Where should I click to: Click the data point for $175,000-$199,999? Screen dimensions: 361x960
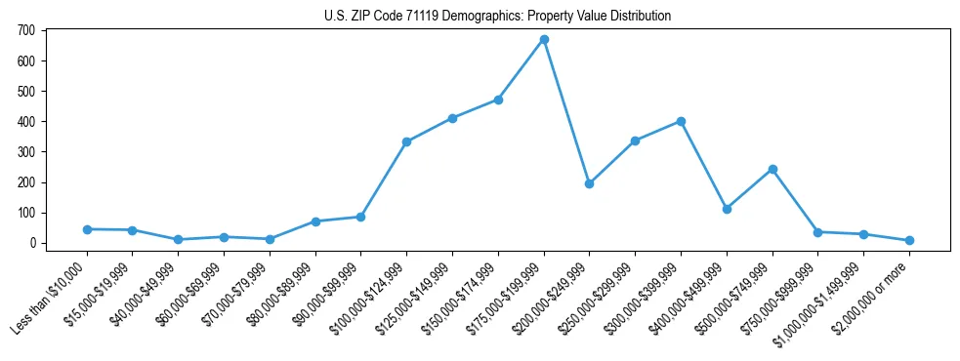pyautogui.click(x=544, y=39)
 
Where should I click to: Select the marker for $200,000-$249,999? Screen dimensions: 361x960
pyautogui.click(x=589, y=183)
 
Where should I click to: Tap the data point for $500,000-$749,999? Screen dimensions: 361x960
pyautogui.click(x=772, y=169)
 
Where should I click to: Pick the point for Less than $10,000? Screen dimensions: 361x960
pyautogui.click(x=87, y=229)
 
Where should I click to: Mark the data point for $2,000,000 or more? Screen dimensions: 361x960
pyautogui.click(x=909, y=240)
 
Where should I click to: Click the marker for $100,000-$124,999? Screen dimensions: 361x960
pyautogui.click(x=406, y=141)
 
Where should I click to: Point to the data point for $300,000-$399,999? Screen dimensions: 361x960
pyautogui.click(x=681, y=121)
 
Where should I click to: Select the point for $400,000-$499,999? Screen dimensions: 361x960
pyautogui.click(x=727, y=209)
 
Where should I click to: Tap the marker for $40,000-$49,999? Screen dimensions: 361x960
pyautogui.click(x=178, y=239)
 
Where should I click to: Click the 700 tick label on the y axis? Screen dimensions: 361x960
pyautogui.click(x=26, y=30)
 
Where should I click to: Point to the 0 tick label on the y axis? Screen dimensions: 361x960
pyautogui.click(x=32, y=243)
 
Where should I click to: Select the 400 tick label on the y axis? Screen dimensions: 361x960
pyautogui.click(x=26, y=122)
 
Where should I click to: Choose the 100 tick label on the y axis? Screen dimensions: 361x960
pyautogui.click(x=26, y=213)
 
